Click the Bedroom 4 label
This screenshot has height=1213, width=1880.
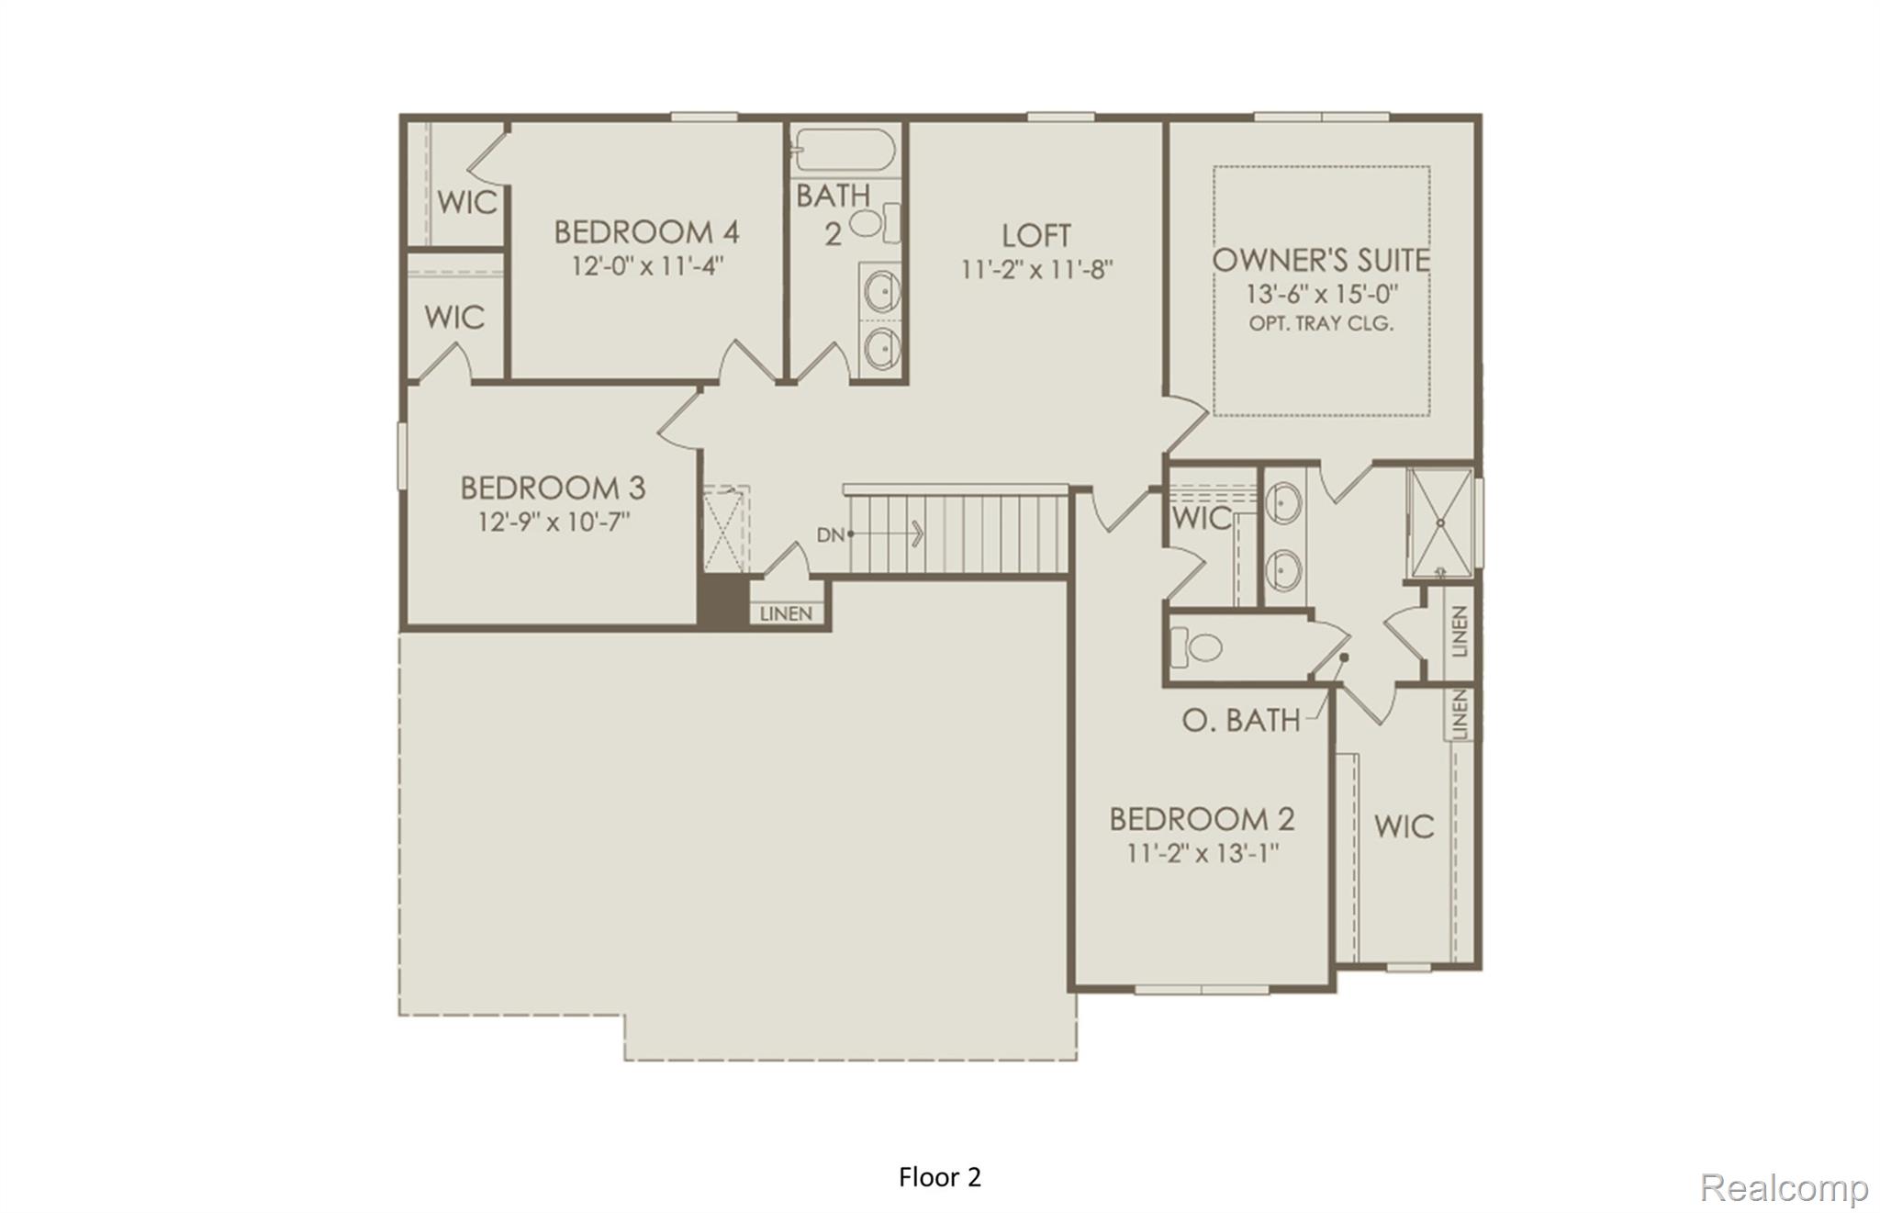pos(646,231)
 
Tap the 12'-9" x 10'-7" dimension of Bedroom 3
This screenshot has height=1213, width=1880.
pos(554,522)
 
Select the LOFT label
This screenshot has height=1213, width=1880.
pos(1035,236)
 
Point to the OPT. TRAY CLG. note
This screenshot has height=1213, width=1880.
pos(1321,323)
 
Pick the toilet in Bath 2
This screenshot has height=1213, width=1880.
pos(873,223)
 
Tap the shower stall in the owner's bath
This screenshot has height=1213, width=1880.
pos(1439,523)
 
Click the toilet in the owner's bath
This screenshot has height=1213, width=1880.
pos(1197,647)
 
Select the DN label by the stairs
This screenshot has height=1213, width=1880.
pos(830,534)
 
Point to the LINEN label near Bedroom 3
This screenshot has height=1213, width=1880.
pos(786,613)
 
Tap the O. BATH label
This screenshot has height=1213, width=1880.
pos(1240,721)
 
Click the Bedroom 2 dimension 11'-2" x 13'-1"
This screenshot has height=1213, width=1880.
pos(1203,853)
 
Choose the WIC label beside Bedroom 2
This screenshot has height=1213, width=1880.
pos(1404,826)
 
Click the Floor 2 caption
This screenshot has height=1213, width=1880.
pos(939,1177)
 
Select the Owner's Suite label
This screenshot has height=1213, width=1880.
pos(1321,261)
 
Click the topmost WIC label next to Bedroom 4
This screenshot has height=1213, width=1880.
pos(467,202)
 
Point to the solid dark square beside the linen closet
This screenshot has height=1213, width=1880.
pos(722,602)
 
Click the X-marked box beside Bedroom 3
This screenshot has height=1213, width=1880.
pos(726,530)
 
